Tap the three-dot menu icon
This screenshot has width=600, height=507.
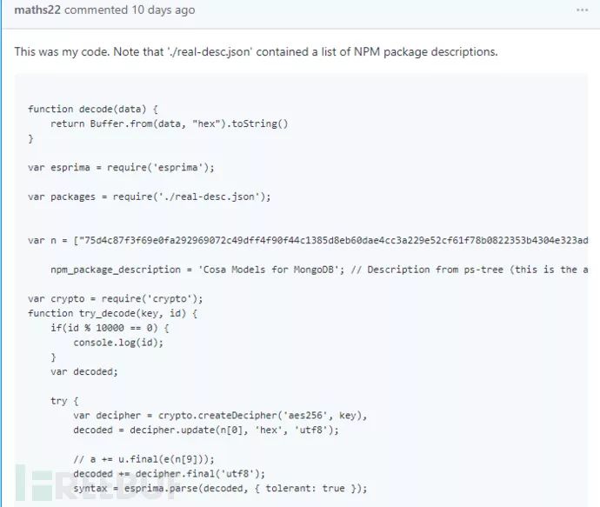[x=582, y=10]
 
